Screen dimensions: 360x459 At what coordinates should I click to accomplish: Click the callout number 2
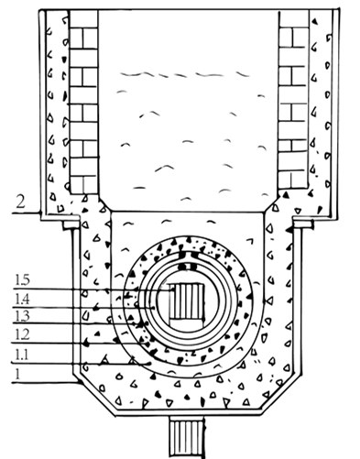(20, 202)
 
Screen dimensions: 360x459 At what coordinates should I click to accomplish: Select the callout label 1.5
(22, 280)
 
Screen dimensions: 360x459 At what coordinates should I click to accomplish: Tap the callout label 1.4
(22, 300)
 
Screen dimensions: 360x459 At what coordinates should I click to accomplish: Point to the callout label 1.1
(22, 355)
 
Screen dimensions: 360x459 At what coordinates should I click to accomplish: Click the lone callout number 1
(18, 374)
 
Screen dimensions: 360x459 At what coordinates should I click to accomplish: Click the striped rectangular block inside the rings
(187, 305)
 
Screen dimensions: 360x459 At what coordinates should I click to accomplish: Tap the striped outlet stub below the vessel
(187, 437)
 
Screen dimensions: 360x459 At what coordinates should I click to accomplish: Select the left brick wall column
(83, 102)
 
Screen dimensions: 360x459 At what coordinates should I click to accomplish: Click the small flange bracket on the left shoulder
(71, 224)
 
